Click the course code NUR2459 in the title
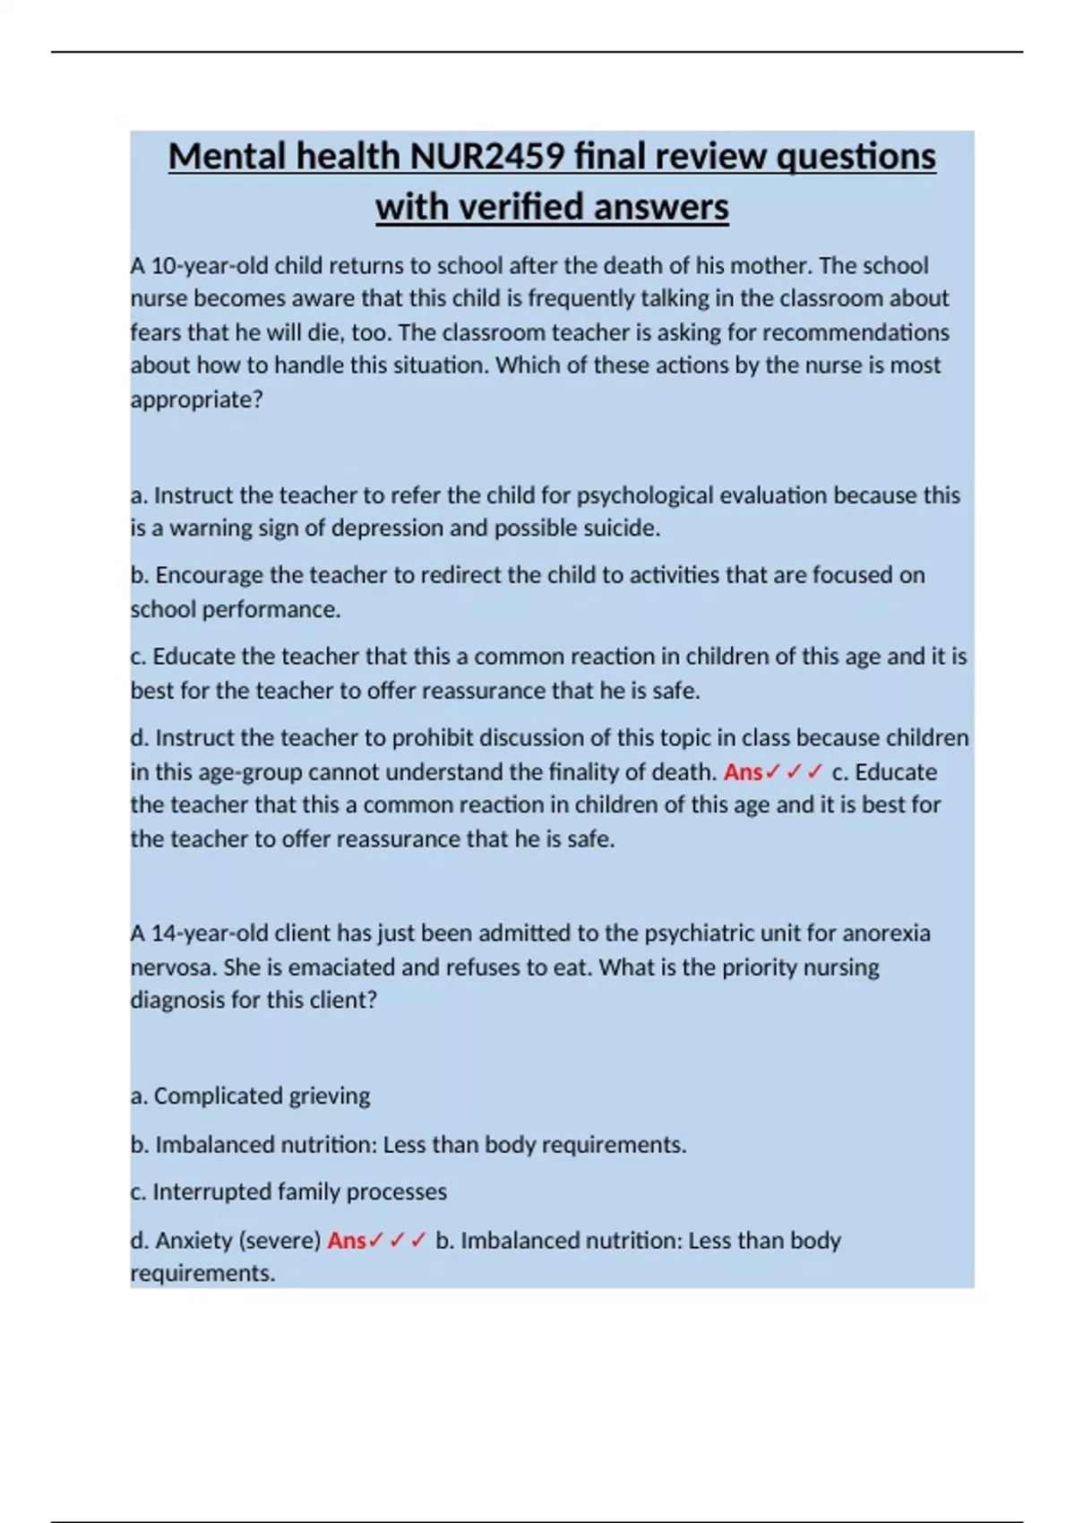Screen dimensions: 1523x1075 click(488, 157)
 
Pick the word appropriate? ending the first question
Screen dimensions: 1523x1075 click(197, 400)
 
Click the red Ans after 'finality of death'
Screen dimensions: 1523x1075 click(743, 772)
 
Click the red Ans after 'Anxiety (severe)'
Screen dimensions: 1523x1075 click(347, 1241)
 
